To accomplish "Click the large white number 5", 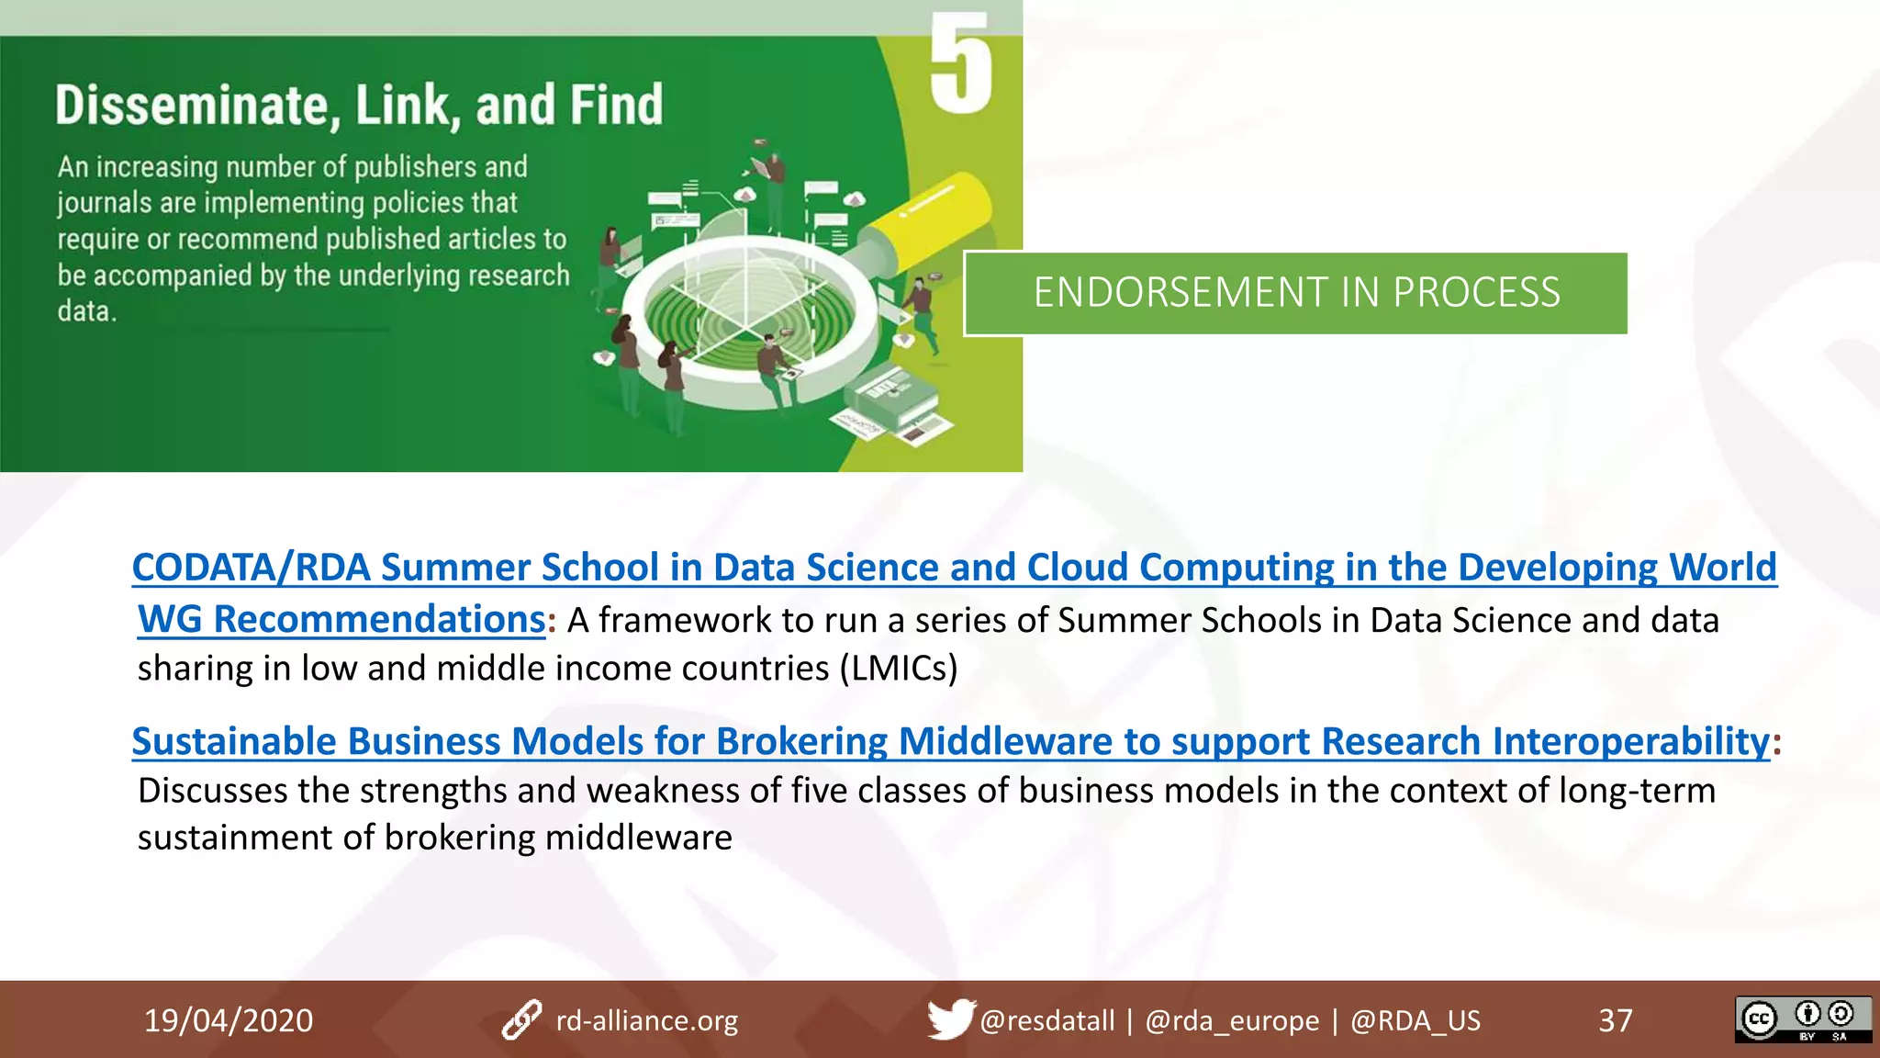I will (x=960, y=64).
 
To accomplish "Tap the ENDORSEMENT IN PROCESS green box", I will (x=1295, y=293).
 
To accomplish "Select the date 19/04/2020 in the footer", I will (x=228, y=1020).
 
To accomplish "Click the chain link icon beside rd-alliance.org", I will (x=521, y=1020).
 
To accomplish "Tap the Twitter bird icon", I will (x=950, y=1019).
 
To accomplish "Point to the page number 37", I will (x=1615, y=1020).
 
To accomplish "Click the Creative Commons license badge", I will (x=1802, y=1019).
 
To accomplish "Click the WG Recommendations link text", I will (x=341, y=620).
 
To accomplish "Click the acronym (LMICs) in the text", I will (x=899, y=669).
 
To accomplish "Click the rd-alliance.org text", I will (x=646, y=1020).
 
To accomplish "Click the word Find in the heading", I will (x=615, y=105).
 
